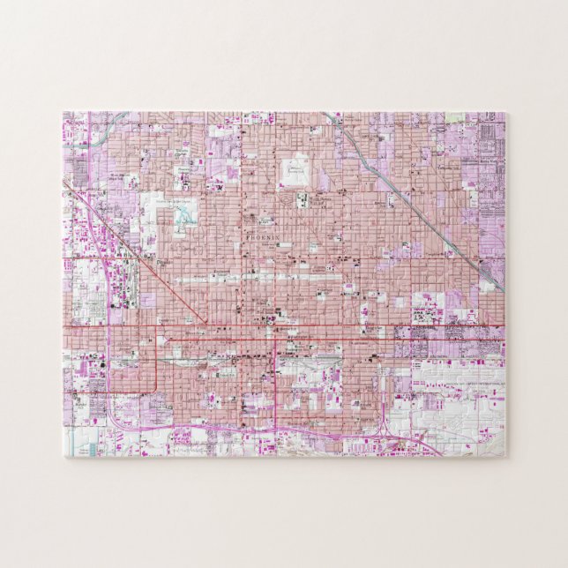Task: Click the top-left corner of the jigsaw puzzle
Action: coord(64,112)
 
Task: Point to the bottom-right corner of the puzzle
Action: coord(504,456)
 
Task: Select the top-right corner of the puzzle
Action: coord(505,112)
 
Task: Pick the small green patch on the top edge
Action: coord(454,116)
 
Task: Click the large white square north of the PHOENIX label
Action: coord(295,170)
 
